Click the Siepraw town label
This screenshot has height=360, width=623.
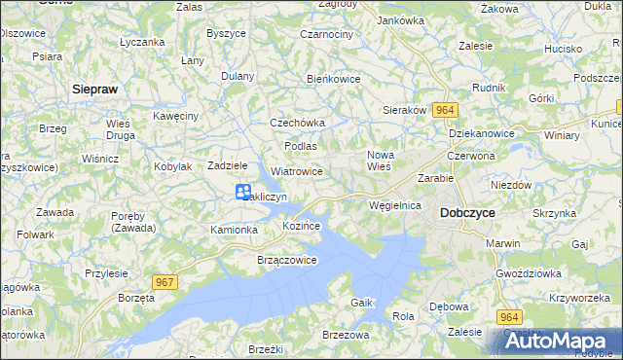point(95,89)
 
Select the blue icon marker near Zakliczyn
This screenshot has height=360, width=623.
point(243,193)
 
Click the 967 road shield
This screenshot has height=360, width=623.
point(165,282)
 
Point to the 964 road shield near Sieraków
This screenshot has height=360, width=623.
point(445,111)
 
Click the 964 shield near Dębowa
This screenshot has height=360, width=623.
point(510,317)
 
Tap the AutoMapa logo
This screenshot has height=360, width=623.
point(559,342)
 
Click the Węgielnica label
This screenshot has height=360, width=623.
point(395,206)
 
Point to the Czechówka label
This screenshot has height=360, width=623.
point(297,124)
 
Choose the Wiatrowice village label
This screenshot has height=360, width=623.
point(297,171)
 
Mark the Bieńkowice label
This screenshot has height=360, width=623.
point(334,79)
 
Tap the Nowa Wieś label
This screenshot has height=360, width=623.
point(380,161)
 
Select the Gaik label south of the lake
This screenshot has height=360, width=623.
point(362,304)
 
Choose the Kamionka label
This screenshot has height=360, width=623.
point(234,230)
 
